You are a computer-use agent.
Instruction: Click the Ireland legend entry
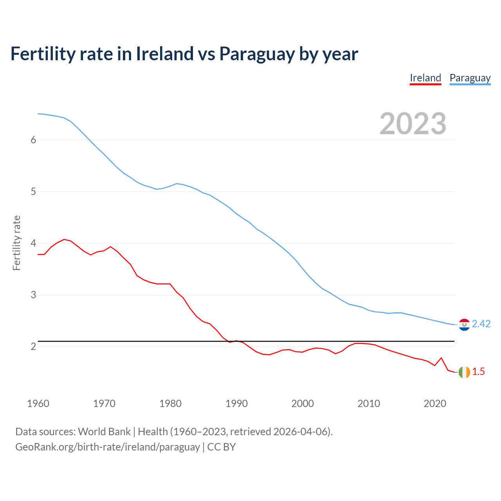[x=425, y=78]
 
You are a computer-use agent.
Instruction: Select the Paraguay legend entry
[x=470, y=78]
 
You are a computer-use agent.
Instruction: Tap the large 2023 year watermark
[x=413, y=124]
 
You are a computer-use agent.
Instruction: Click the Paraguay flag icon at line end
[x=464, y=324]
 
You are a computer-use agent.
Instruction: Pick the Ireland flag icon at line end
[x=464, y=372]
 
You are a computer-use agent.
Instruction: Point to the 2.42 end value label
[x=481, y=324]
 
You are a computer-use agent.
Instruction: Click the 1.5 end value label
[x=478, y=372]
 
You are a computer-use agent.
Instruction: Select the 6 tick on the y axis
[x=33, y=140]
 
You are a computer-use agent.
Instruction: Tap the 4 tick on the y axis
[x=33, y=243]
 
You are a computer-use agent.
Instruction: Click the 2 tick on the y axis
[x=33, y=347]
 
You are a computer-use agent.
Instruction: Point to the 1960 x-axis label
[x=38, y=404]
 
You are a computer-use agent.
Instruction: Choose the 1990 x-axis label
[x=236, y=404]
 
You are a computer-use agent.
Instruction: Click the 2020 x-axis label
[x=435, y=404]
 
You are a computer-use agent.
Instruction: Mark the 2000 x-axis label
[x=303, y=404]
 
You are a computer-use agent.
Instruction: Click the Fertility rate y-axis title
[x=16, y=243]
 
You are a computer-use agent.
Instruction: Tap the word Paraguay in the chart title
[x=257, y=54]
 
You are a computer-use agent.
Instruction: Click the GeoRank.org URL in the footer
[x=108, y=447]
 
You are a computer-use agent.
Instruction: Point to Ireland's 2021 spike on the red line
[x=441, y=358]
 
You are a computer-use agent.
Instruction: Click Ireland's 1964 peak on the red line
[x=64, y=239]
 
